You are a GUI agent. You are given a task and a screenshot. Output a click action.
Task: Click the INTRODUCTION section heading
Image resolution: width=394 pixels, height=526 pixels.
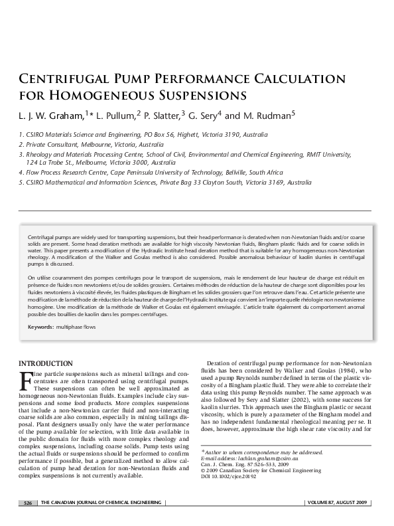click(45, 363)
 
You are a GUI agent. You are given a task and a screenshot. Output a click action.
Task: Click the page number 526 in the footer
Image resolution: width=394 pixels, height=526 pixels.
click(28, 504)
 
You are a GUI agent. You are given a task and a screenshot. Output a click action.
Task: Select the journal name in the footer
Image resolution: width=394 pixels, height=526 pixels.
click(101, 504)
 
